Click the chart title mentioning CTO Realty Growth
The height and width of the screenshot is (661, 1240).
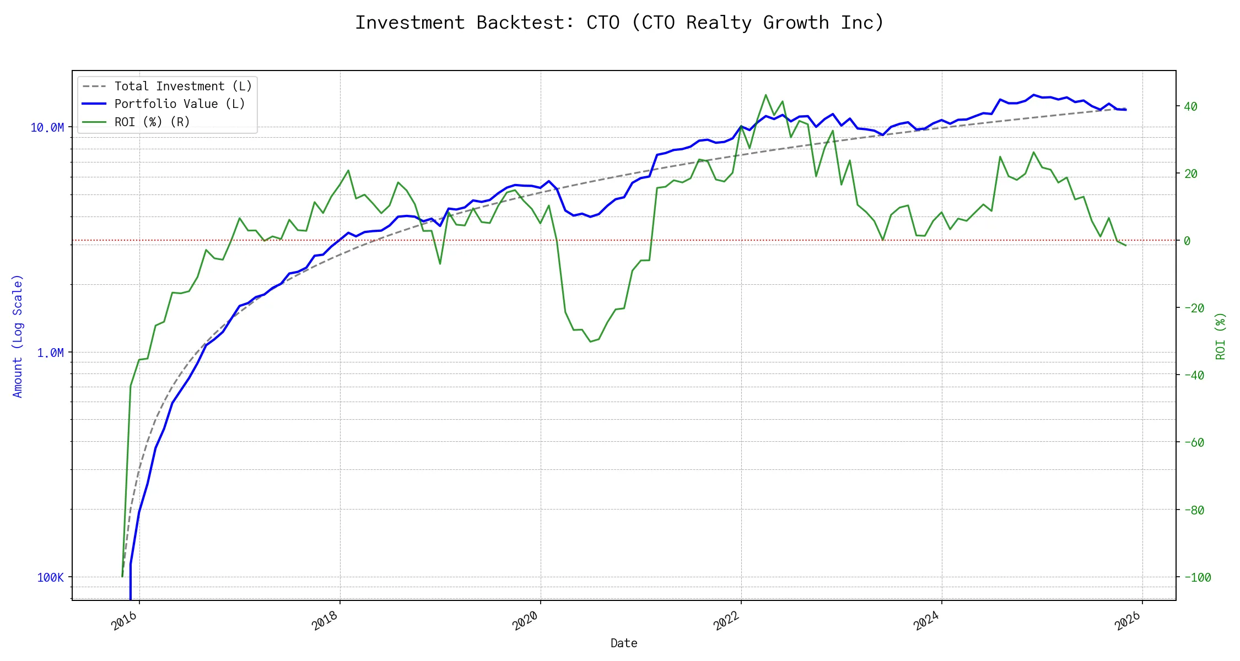pyautogui.click(x=619, y=23)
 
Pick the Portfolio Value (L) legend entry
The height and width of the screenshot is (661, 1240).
pyautogui.click(x=180, y=104)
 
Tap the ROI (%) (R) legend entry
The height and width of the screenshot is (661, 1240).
pyautogui.click(x=152, y=122)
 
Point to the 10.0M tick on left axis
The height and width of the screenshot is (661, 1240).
pyautogui.click(x=47, y=128)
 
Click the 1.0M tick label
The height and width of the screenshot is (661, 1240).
pyautogui.click(x=50, y=353)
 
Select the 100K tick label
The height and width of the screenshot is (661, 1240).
pyautogui.click(x=50, y=577)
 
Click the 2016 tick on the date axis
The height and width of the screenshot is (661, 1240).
pyautogui.click(x=124, y=621)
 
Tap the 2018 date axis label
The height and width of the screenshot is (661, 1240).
pyautogui.click(x=325, y=621)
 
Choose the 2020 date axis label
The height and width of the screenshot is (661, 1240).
pyautogui.click(x=525, y=621)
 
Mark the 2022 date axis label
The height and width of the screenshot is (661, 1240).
pyautogui.click(x=726, y=621)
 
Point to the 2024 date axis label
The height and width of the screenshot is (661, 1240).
pyautogui.click(x=926, y=621)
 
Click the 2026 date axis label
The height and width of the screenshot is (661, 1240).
pyautogui.click(x=1127, y=621)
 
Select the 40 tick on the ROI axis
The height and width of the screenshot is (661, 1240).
pyautogui.click(x=1191, y=106)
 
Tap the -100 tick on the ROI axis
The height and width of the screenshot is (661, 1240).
pyautogui.click(x=1198, y=577)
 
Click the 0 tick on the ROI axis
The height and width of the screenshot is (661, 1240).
pyautogui.click(x=1187, y=241)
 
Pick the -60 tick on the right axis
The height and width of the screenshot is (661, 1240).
pyautogui.click(x=1194, y=442)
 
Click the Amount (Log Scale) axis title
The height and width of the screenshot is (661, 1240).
pyautogui.click(x=18, y=336)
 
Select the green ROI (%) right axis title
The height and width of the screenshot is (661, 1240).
pyautogui.click(x=1221, y=336)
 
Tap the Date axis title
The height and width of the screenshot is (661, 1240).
pyautogui.click(x=624, y=643)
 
